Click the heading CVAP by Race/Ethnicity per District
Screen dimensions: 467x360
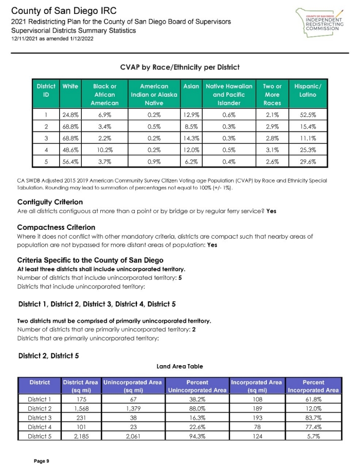[179, 67]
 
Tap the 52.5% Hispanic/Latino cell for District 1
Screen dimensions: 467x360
[307, 115]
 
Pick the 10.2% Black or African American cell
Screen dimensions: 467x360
[105, 150]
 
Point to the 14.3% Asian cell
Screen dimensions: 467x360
[191, 138]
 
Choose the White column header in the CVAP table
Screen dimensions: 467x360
[70, 87]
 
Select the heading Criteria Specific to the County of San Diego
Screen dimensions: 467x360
[91, 260]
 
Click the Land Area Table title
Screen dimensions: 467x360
[179, 366]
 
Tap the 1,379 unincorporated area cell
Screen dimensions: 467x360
[133, 408]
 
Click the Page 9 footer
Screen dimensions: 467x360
[41, 461]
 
